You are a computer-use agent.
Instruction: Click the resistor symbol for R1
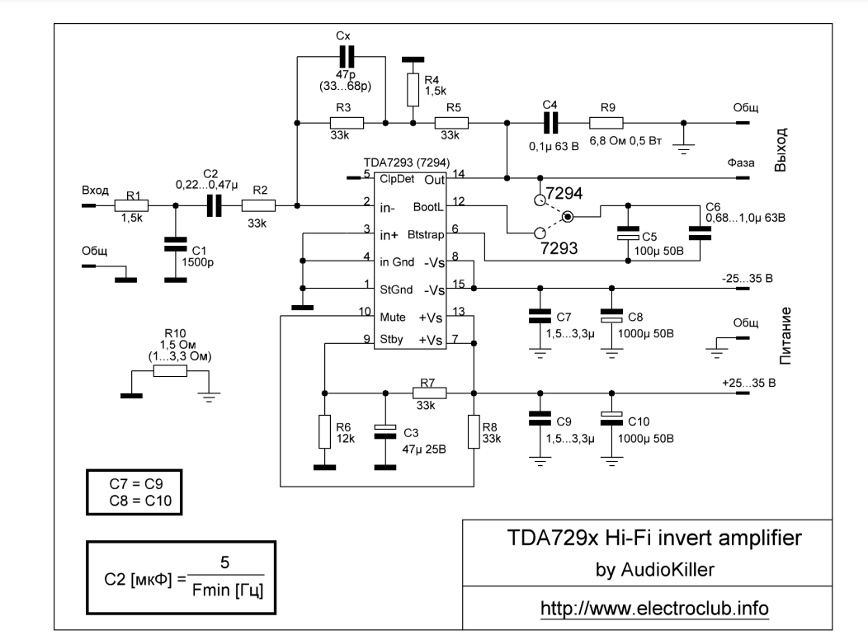pos(131,206)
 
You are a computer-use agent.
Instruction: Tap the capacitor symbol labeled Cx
pos(346,57)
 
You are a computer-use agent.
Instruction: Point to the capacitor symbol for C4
pos(550,123)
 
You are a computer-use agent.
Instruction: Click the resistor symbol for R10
pos(171,372)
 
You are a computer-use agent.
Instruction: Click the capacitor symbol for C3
pos(381,431)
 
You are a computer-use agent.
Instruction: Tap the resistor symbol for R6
pos(325,432)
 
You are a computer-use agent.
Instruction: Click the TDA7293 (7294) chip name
pos(404,164)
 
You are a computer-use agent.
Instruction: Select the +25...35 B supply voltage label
pos(748,384)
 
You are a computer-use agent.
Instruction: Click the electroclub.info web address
pos(654,608)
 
